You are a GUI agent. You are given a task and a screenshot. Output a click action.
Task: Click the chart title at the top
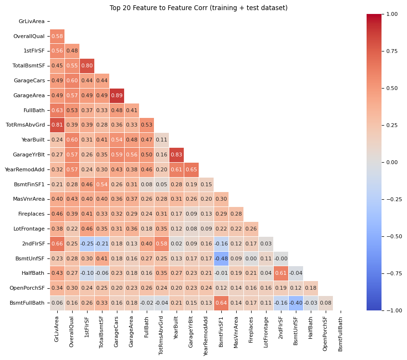click(198, 8)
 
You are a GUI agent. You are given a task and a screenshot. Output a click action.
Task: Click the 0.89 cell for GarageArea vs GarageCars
click(117, 95)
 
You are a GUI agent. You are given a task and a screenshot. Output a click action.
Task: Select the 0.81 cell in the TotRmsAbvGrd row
click(57, 125)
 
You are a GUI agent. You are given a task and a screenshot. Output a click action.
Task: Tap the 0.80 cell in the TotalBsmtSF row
click(87, 66)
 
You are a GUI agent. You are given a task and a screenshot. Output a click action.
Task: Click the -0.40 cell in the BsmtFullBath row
click(296, 303)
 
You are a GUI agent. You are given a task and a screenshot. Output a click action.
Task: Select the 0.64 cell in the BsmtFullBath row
click(221, 303)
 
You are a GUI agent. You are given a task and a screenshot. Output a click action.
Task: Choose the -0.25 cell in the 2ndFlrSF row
click(87, 244)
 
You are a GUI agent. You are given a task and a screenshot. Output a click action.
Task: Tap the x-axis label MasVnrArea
click(236, 332)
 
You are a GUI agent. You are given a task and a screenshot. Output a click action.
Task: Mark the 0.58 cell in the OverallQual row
click(57, 36)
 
